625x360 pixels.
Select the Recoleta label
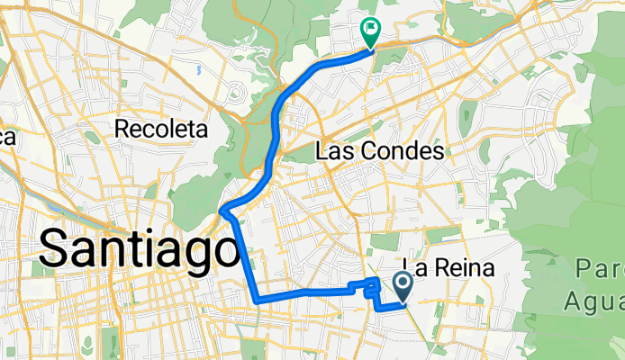162,130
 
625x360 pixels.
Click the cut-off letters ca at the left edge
7,137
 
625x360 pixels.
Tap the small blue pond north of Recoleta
196,67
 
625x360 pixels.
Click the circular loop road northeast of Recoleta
237,92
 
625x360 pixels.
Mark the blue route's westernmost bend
222,212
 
